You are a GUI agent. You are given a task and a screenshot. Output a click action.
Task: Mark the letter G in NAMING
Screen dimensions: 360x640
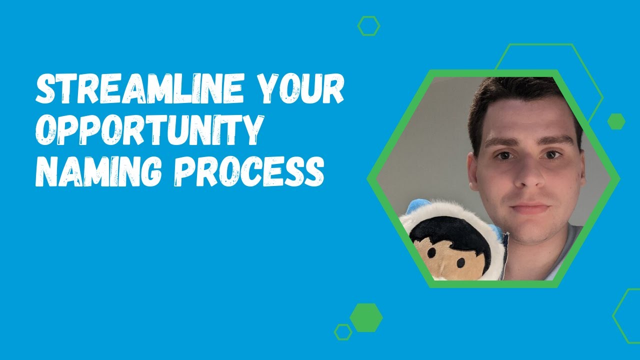[x=157, y=171]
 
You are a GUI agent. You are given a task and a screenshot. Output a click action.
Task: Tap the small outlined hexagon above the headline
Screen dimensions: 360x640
[x=369, y=26]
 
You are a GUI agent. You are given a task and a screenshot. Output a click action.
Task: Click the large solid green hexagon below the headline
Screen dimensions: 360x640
[x=366, y=317]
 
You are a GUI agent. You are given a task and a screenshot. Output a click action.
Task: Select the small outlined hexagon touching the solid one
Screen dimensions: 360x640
[x=343, y=331]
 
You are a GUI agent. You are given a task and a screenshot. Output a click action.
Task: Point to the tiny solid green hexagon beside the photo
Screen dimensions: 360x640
[x=616, y=121]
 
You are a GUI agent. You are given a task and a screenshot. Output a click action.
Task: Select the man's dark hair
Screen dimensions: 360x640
[x=520, y=97]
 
